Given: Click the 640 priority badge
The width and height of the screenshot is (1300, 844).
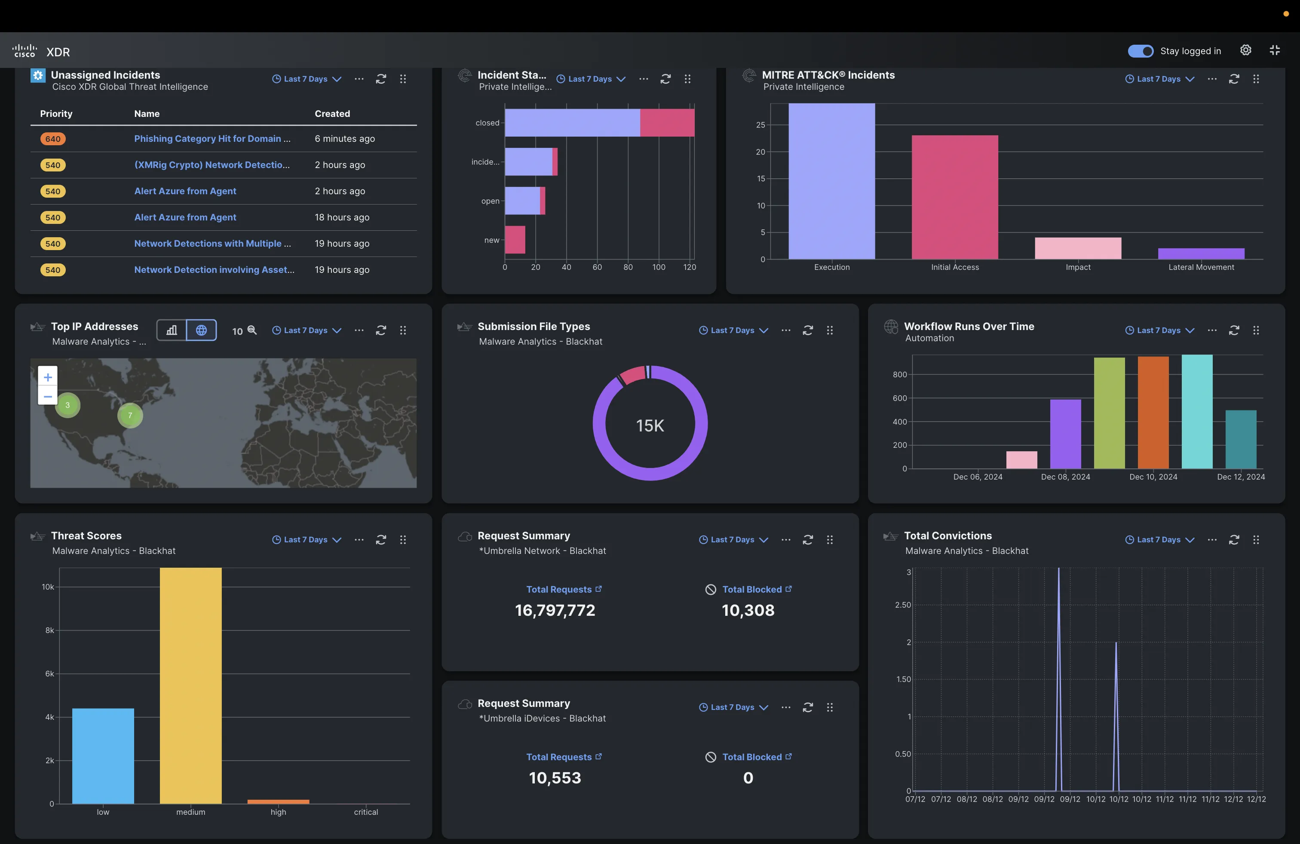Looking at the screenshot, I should coord(53,139).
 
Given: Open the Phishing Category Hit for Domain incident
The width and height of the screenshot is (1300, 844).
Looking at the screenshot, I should coord(212,139).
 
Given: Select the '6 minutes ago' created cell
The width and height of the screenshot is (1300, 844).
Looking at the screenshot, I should coord(345,139).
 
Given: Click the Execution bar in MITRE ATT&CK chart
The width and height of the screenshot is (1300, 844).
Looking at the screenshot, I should coord(831,181).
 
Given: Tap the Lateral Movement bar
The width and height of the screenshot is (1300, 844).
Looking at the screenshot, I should coord(1201,254).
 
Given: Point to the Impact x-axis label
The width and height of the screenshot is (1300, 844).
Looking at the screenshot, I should coord(1078,267).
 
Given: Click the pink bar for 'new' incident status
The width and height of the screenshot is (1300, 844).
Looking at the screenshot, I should coord(515,240).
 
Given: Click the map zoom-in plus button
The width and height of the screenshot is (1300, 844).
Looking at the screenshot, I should coord(48,377).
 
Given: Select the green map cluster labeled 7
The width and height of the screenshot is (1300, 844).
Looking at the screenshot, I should coord(130,416).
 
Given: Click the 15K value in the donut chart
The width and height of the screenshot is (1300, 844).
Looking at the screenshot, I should coord(650,425).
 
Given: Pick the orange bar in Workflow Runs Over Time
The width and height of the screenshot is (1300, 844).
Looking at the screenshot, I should coord(1153,412).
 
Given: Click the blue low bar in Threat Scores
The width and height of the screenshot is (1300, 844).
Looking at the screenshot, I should coord(103,755).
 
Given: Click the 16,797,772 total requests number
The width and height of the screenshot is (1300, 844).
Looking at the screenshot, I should coord(555,610).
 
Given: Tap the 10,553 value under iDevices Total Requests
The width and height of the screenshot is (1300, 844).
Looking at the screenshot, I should coord(555,778).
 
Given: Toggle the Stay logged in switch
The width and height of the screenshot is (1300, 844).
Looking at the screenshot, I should coord(1141,51).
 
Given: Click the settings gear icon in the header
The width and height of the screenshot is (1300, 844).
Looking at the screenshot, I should coord(1245,50).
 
